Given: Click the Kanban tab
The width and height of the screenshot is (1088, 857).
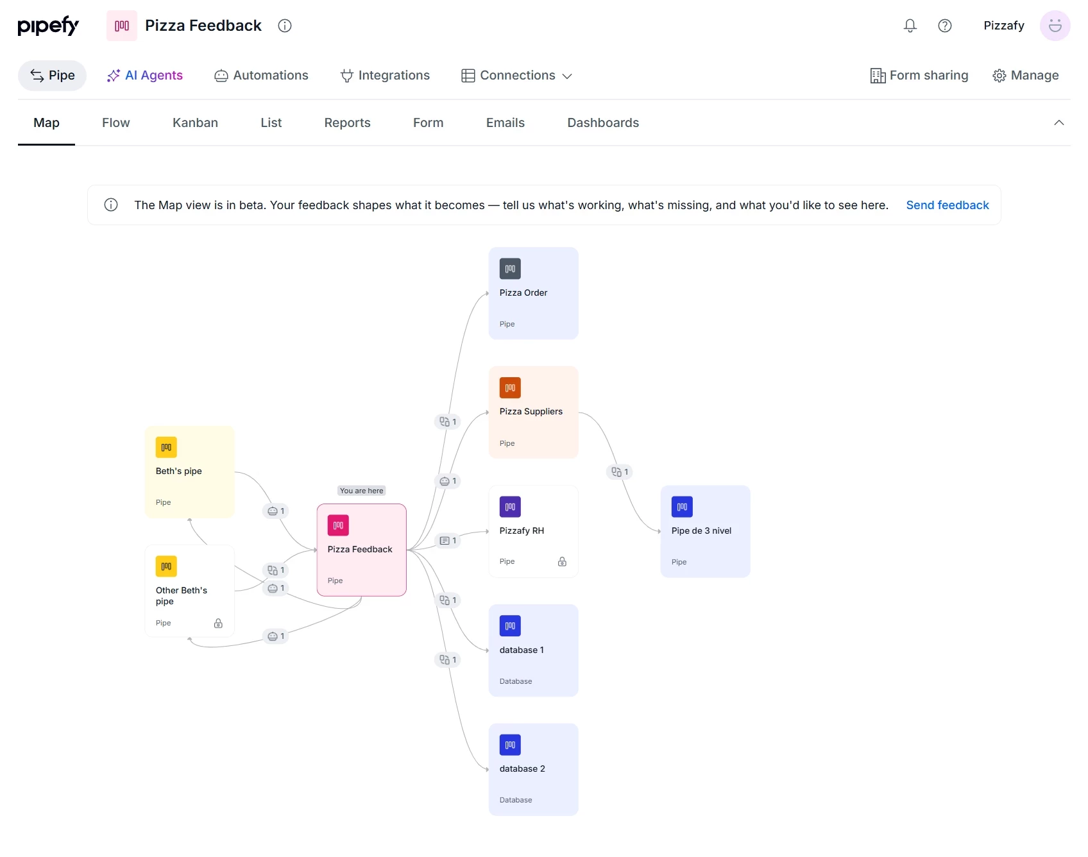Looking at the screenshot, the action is [x=195, y=123].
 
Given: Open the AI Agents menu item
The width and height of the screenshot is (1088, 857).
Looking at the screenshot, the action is [x=145, y=76].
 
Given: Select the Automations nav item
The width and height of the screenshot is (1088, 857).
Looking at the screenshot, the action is [x=261, y=76].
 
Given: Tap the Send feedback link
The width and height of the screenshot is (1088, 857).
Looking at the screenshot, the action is [x=947, y=205].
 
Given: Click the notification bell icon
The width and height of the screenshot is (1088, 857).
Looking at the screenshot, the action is [x=910, y=26].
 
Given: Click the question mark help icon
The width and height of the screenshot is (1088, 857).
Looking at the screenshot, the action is [x=944, y=26].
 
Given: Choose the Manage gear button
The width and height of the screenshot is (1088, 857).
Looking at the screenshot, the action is [x=1025, y=76].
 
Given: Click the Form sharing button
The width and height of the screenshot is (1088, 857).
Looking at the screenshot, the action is [x=919, y=76].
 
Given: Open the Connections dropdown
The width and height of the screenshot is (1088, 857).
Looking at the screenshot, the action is [x=516, y=76].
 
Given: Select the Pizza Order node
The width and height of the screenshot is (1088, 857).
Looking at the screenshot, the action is [x=533, y=293].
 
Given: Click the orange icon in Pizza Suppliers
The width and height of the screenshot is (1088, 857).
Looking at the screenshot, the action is [x=510, y=387].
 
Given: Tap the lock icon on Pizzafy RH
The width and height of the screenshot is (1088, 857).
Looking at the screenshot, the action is [x=562, y=561].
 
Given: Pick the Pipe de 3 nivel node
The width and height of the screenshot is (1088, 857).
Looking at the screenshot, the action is [x=705, y=531].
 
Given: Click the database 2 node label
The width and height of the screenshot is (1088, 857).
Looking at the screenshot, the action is [x=522, y=768].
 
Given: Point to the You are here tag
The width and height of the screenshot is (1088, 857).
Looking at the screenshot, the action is [x=361, y=491].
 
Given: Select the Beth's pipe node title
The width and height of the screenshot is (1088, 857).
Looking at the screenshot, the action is [x=178, y=471].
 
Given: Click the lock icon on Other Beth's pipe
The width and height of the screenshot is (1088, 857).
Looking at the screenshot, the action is [x=218, y=623].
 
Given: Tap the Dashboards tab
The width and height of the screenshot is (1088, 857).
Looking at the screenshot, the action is [x=603, y=123].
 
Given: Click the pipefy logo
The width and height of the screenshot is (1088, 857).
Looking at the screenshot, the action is [x=48, y=26].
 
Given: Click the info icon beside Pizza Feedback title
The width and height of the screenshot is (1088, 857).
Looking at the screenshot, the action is [x=285, y=26].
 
